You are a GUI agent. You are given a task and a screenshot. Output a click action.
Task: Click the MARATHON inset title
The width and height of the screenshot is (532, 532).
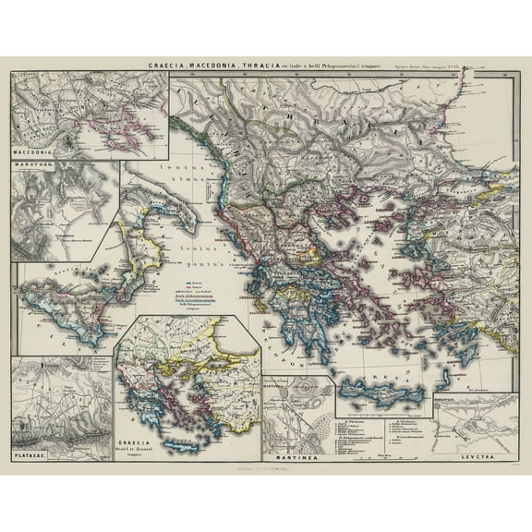[x=33, y=167]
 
